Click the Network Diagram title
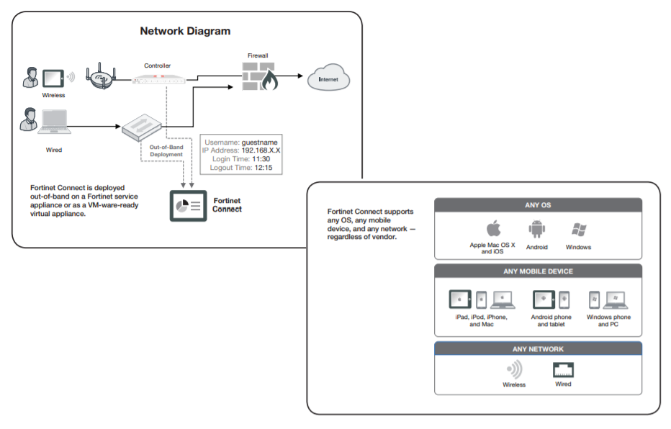point(185,32)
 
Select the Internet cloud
point(328,78)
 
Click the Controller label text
point(157,66)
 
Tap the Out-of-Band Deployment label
point(166,150)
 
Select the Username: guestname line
point(240,143)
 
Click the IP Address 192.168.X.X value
point(261,150)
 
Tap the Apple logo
point(493,230)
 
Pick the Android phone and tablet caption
point(551,321)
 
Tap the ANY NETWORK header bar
point(539,349)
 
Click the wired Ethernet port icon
point(563,371)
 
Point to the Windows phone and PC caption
point(608,321)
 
